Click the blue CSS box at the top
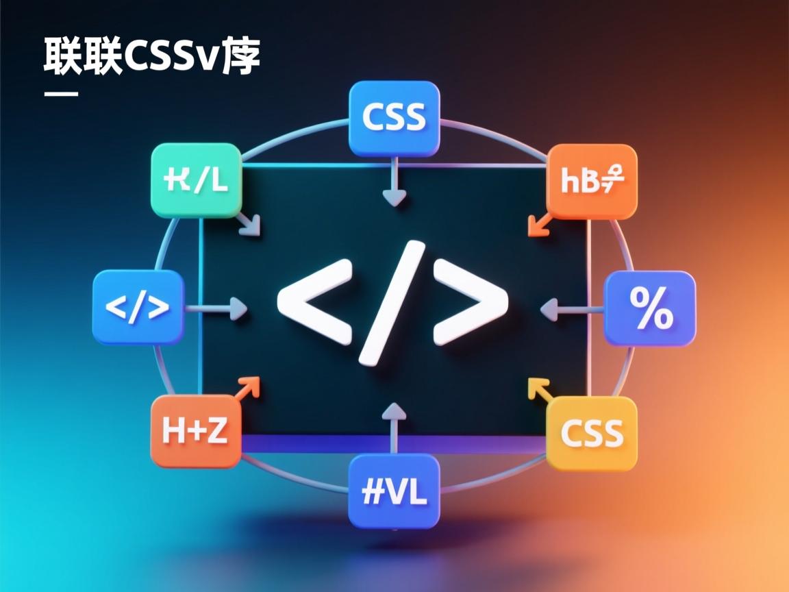pyautogui.click(x=393, y=118)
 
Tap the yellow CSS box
pyautogui.click(x=592, y=433)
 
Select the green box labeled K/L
pyautogui.click(x=196, y=180)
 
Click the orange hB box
pyautogui.click(x=592, y=181)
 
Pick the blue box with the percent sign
pyautogui.click(x=649, y=308)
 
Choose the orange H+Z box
pyautogui.click(x=195, y=432)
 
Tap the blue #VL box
pyautogui.click(x=393, y=492)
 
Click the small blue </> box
pyautogui.click(x=138, y=306)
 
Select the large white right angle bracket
pyautogui.click(x=471, y=301)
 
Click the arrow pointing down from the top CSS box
pyautogui.click(x=394, y=182)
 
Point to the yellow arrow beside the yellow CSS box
pyautogui.click(x=540, y=391)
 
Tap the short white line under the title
pyautogui.click(x=61, y=93)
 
